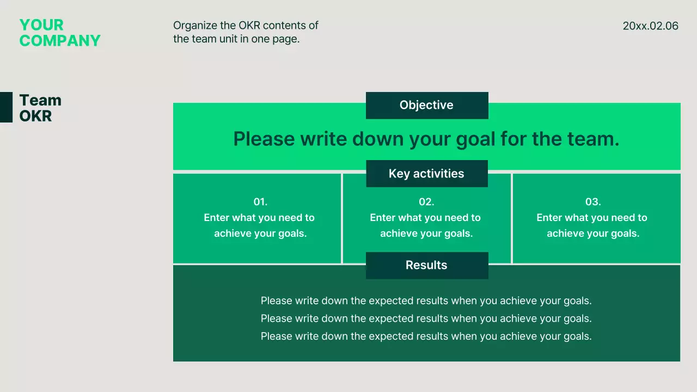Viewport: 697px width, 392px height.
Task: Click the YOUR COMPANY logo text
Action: (60, 33)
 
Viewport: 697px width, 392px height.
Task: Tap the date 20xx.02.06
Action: (650, 26)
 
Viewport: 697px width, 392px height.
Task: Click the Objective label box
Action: (427, 106)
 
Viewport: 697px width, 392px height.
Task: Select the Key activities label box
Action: (427, 174)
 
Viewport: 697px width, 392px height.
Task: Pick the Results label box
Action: (427, 265)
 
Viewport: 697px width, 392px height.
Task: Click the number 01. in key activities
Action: (260, 202)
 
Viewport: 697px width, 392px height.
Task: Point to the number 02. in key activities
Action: (426, 202)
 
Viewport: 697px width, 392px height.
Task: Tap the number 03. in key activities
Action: (593, 202)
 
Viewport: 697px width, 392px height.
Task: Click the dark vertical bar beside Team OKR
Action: (6, 107)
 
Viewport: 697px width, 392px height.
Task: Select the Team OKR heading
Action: (40, 108)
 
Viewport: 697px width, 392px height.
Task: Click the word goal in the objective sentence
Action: (475, 139)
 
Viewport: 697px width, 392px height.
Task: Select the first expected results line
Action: (426, 301)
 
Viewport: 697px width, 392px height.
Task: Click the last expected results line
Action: (426, 336)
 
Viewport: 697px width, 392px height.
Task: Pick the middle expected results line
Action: (426, 318)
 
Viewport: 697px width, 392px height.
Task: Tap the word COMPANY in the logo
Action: (60, 41)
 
